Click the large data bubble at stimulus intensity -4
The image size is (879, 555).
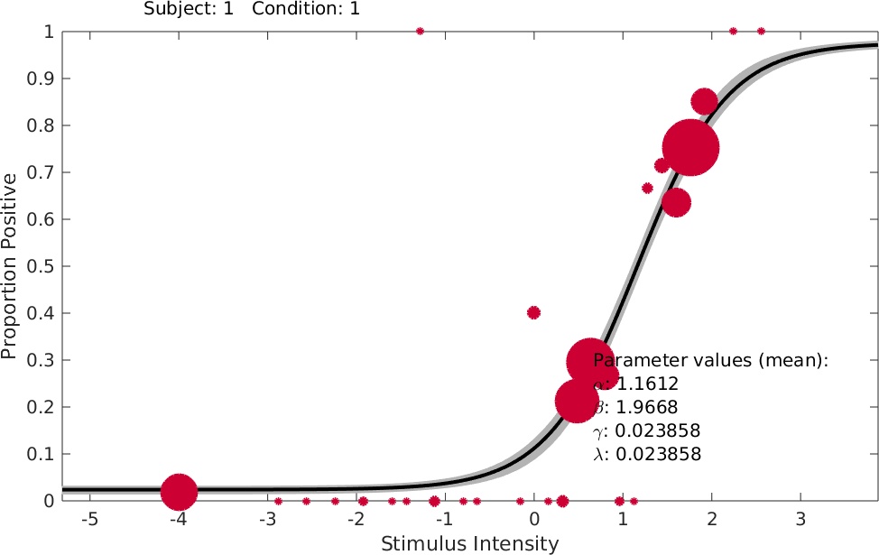tap(179, 492)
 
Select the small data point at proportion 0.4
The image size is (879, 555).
tap(533, 313)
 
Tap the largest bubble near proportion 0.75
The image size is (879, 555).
tap(690, 148)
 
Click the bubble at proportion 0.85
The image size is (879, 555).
tap(704, 101)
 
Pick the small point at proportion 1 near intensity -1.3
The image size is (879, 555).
tap(420, 32)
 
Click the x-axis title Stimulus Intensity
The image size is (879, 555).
tap(469, 543)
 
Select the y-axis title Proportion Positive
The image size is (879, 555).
tap(10, 266)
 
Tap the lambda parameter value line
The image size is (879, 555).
tap(646, 454)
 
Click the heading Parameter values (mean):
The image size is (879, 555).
tap(710, 360)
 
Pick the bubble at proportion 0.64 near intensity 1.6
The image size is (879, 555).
tap(675, 202)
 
